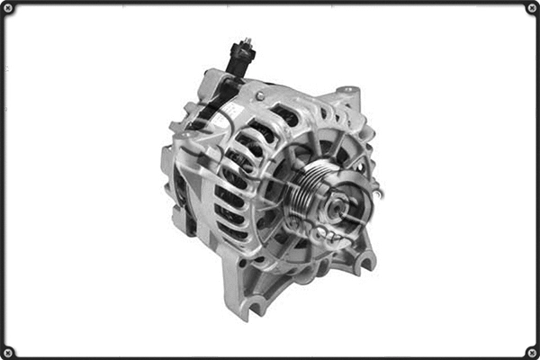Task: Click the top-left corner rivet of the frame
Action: click(8, 8)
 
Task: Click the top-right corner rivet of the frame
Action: click(532, 8)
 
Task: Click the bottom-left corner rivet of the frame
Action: click(8, 352)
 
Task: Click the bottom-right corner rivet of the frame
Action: click(532, 352)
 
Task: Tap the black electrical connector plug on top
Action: click(240, 59)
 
